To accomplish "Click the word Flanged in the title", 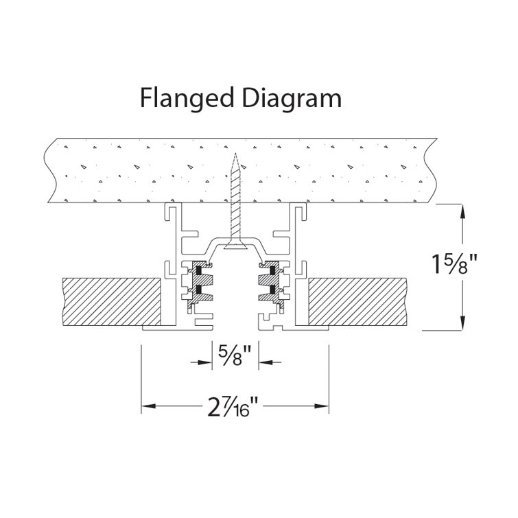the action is click(187, 98).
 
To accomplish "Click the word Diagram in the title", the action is click(292, 98).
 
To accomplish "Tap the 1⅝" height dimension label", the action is click(455, 265).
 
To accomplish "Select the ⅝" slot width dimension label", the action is click(235, 355).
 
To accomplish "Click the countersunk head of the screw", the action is click(235, 245).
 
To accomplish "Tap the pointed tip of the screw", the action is click(235, 154).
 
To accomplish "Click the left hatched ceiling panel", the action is click(112, 301).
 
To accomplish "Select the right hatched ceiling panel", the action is click(357, 301).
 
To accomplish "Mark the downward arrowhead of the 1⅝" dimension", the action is click(462, 323).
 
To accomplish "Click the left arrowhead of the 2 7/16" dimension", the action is click(149, 405).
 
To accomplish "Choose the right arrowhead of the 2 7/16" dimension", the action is click(322, 405).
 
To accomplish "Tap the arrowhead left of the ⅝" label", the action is click(205, 362).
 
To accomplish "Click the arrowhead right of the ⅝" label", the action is click(266, 362).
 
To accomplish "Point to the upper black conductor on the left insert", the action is click(198, 270).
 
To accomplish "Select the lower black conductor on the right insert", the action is click(272, 290).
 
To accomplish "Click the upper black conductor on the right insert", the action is click(272, 270).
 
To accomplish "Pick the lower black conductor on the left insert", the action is click(198, 290).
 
